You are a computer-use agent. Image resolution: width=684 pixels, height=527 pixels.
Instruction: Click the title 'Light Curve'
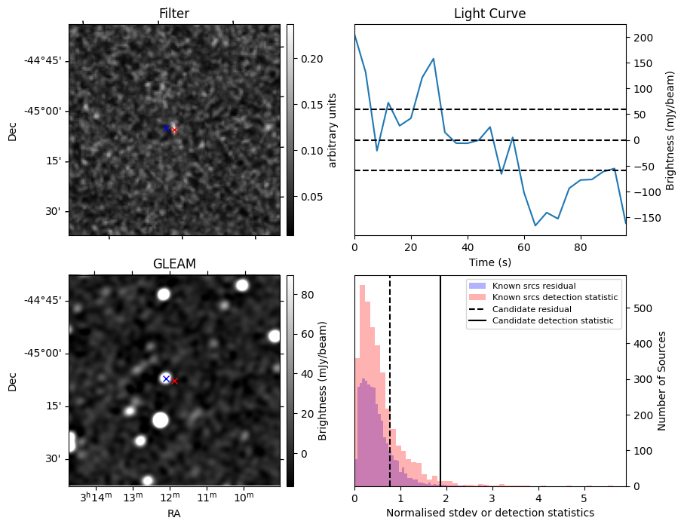coord(489,14)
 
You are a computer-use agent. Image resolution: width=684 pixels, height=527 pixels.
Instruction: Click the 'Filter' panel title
coord(173,14)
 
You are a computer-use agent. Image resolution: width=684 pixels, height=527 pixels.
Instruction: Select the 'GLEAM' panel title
coord(173,264)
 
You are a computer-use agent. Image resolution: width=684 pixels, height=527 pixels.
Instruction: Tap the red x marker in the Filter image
coord(174,130)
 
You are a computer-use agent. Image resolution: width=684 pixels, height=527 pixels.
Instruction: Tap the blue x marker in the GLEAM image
coord(166,378)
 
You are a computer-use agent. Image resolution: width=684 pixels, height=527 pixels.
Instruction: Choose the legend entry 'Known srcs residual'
coord(534,286)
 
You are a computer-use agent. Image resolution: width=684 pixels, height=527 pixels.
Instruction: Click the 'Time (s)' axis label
coord(489,261)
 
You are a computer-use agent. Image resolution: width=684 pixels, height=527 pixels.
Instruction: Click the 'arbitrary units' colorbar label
coord(333,130)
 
